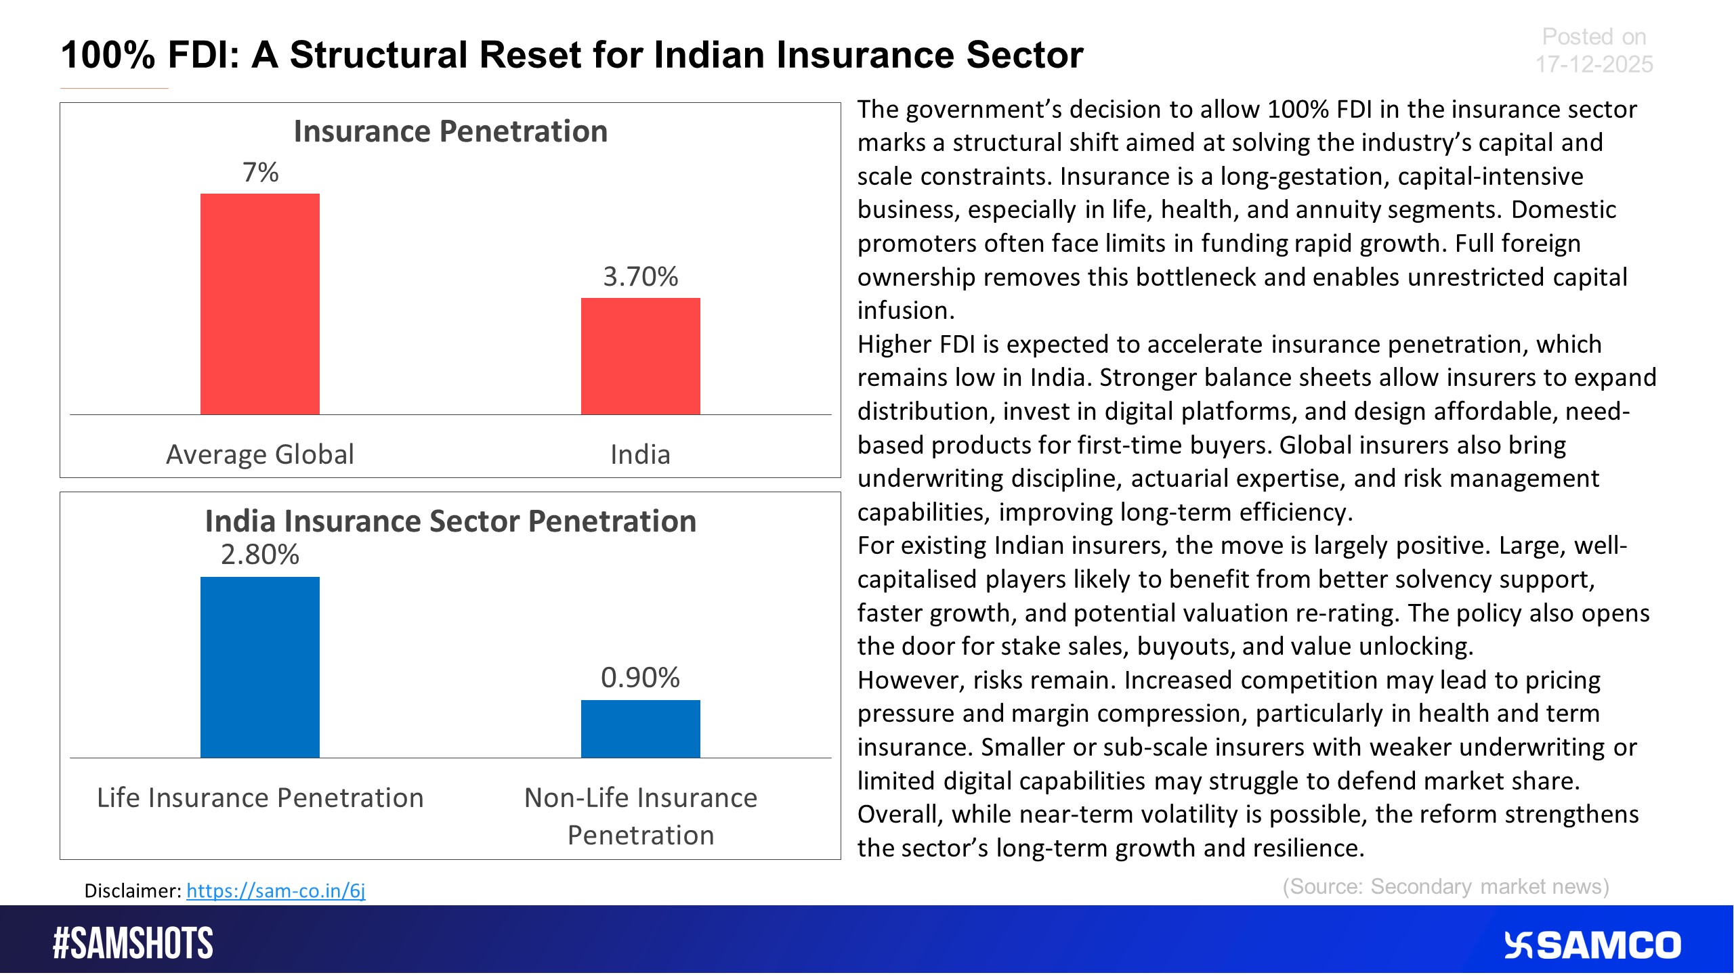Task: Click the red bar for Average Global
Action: coord(259,304)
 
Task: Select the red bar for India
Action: coord(640,356)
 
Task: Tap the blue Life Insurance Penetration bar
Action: coord(259,667)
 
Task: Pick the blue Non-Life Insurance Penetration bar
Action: coord(640,729)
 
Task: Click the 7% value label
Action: coord(260,173)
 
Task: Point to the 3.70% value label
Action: coord(640,277)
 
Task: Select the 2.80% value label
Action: coord(259,555)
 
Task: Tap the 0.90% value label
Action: coord(640,678)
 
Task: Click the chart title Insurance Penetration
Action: coord(450,131)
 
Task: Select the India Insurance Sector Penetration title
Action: coord(450,521)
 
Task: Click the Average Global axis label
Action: coord(259,454)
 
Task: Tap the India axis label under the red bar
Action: coord(640,454)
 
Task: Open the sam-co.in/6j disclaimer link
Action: coord(276,890)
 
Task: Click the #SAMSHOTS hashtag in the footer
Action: coord(133,943)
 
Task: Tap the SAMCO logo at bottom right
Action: coord(1592,945)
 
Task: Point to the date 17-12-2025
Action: coord(1593,64)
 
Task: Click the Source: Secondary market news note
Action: coord(1445,886)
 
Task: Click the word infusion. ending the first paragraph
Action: coord(906,310)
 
